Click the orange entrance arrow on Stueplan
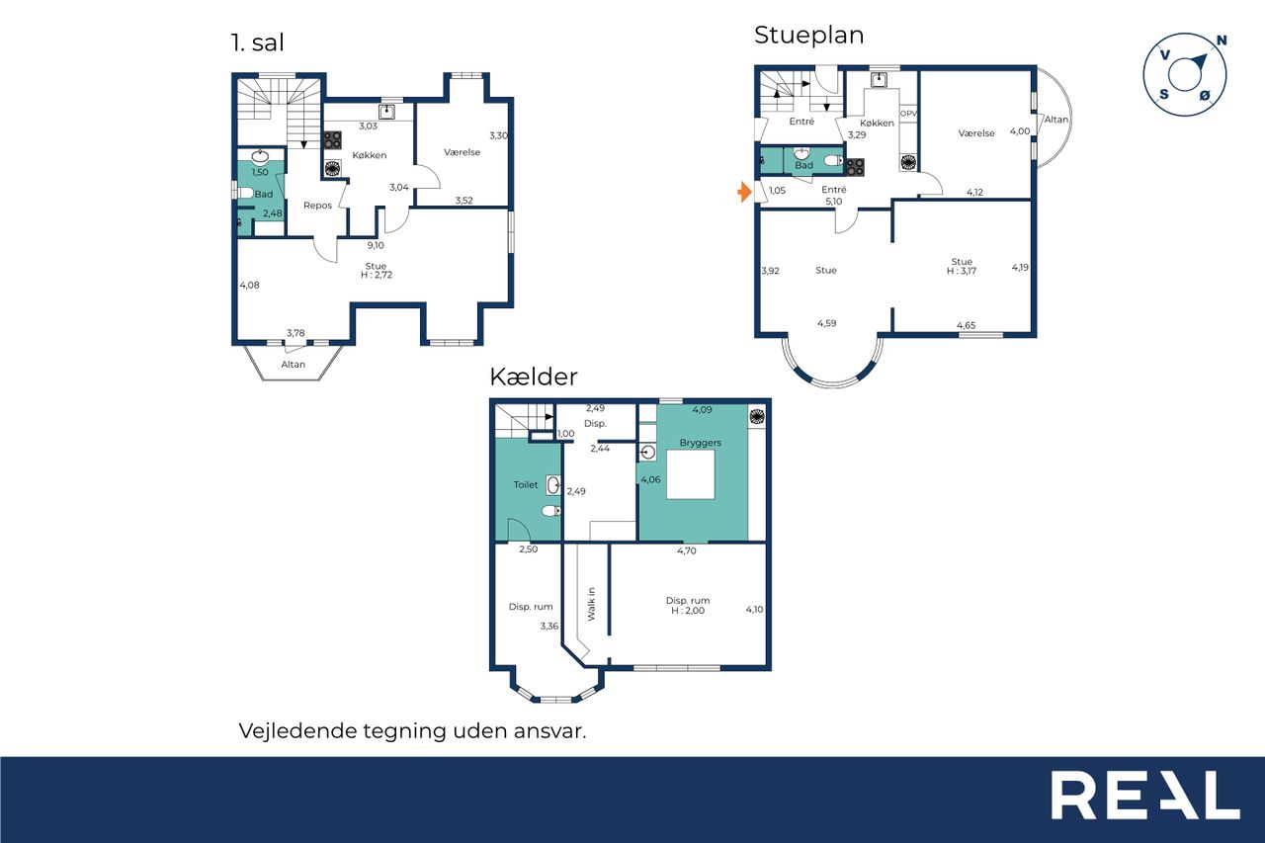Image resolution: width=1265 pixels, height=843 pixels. [x=745, y=192]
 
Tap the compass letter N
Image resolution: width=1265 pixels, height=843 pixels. [x=1222, y=41]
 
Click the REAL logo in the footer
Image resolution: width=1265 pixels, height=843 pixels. [x=1145, y=795]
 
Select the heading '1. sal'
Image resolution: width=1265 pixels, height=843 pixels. [x=258, y=42]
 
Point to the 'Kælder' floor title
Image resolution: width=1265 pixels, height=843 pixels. [x=534, y=377]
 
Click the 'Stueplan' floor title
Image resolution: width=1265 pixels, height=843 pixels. [x=808, y=36]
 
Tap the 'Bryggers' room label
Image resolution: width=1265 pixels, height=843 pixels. [x=701, y=443]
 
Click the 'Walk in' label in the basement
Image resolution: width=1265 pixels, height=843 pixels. [x=591, y=604]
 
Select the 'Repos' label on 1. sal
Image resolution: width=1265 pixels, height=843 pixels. [x=317, y=206]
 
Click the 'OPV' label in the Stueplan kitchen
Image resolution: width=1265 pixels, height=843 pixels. [x=908, y=114]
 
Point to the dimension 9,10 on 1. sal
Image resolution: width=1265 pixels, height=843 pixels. [x=376, y=246]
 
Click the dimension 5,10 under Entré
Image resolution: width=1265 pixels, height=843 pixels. [x=833, y=202]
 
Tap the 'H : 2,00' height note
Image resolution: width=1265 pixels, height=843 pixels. [x=688, y=611]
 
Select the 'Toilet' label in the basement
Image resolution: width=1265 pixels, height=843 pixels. [x=525, y=484]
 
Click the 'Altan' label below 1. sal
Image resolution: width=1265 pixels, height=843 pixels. [x=294, y=365]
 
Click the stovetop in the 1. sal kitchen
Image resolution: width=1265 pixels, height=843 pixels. [x=332, y=140]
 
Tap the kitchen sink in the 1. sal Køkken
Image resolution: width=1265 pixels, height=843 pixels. [x=386, y=112]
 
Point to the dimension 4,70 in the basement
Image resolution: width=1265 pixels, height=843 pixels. [x=687, y=550]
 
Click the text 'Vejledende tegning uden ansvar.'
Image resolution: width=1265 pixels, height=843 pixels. [x=413, y=730]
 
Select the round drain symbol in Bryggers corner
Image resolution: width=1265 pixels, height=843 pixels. [x=757, y=417]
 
